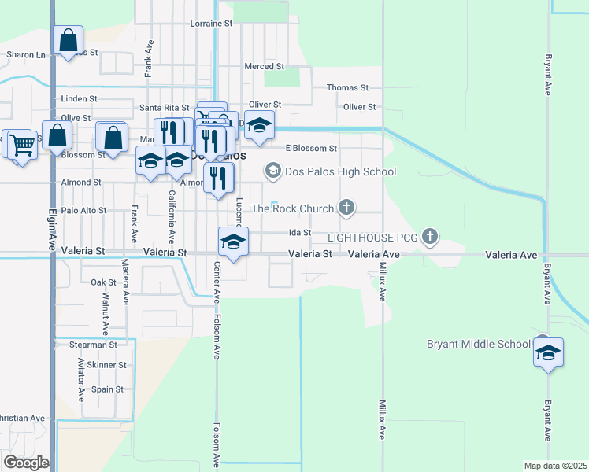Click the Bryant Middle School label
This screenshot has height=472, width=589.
click(x=479, y=344)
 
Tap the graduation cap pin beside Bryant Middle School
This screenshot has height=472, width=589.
click(x=548, y=352)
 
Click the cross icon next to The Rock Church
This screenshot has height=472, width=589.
click(x=346, y=208)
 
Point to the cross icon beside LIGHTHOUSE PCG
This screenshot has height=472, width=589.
click(x=429, y=235)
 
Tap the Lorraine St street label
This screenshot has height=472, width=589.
click(x=212, y=24)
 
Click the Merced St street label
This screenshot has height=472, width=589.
click(x=264, y=67)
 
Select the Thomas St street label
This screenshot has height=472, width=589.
click(x=347, y=88)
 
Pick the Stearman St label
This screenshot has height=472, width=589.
click(x=93, y=345)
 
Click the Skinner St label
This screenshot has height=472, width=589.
click(x=106, y=365)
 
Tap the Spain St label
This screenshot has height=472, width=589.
click(x=107, y=389)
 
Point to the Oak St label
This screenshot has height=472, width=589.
click(x=103, y=282)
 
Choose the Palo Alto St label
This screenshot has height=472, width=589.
click(x=83, y=211)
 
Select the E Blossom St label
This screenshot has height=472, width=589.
click(x=311, y=148)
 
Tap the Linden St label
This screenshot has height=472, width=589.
click(x=79, y=99)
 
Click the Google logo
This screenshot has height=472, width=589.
click(x=26, y=463)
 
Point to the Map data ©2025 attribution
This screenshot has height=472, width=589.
click(x=555, y=466)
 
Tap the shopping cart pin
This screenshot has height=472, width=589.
click(x=22, y=144)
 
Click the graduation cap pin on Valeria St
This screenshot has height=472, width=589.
click(x=233, y=241)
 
